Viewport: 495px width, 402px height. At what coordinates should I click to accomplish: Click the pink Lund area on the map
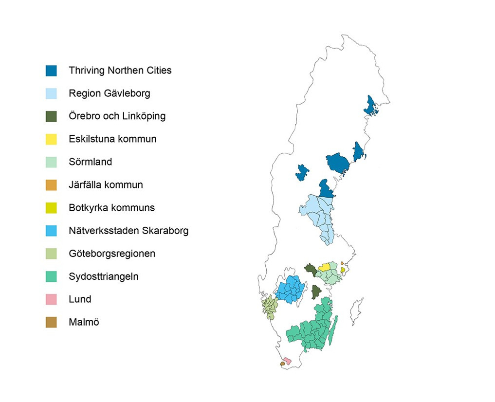(287, 361)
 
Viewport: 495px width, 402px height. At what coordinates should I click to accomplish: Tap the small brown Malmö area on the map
(282, 364)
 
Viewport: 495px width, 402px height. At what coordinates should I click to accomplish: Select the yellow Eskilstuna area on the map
(324, 267)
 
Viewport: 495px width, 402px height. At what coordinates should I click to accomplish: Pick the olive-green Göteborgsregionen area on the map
(269, 307)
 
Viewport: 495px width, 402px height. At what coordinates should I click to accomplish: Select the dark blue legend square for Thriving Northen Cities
(51, 71)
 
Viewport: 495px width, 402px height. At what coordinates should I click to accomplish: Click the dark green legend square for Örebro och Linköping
(51, 116)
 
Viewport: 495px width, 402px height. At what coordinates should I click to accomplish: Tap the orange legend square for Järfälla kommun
(51, 185)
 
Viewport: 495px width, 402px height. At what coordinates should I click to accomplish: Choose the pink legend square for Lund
(51, 299)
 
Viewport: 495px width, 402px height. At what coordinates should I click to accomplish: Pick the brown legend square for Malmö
(51, 322)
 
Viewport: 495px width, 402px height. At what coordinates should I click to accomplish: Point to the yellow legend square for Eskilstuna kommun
(51, 139)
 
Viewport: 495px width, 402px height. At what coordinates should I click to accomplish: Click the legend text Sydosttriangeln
(103, 276)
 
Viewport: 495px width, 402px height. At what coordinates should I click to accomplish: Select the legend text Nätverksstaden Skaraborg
(128, 231)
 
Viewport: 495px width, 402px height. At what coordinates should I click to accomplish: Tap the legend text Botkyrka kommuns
(111, 208)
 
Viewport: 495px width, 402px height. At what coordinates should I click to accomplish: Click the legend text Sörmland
(90, 162)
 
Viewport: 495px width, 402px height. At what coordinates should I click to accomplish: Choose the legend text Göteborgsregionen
(112, 254)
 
